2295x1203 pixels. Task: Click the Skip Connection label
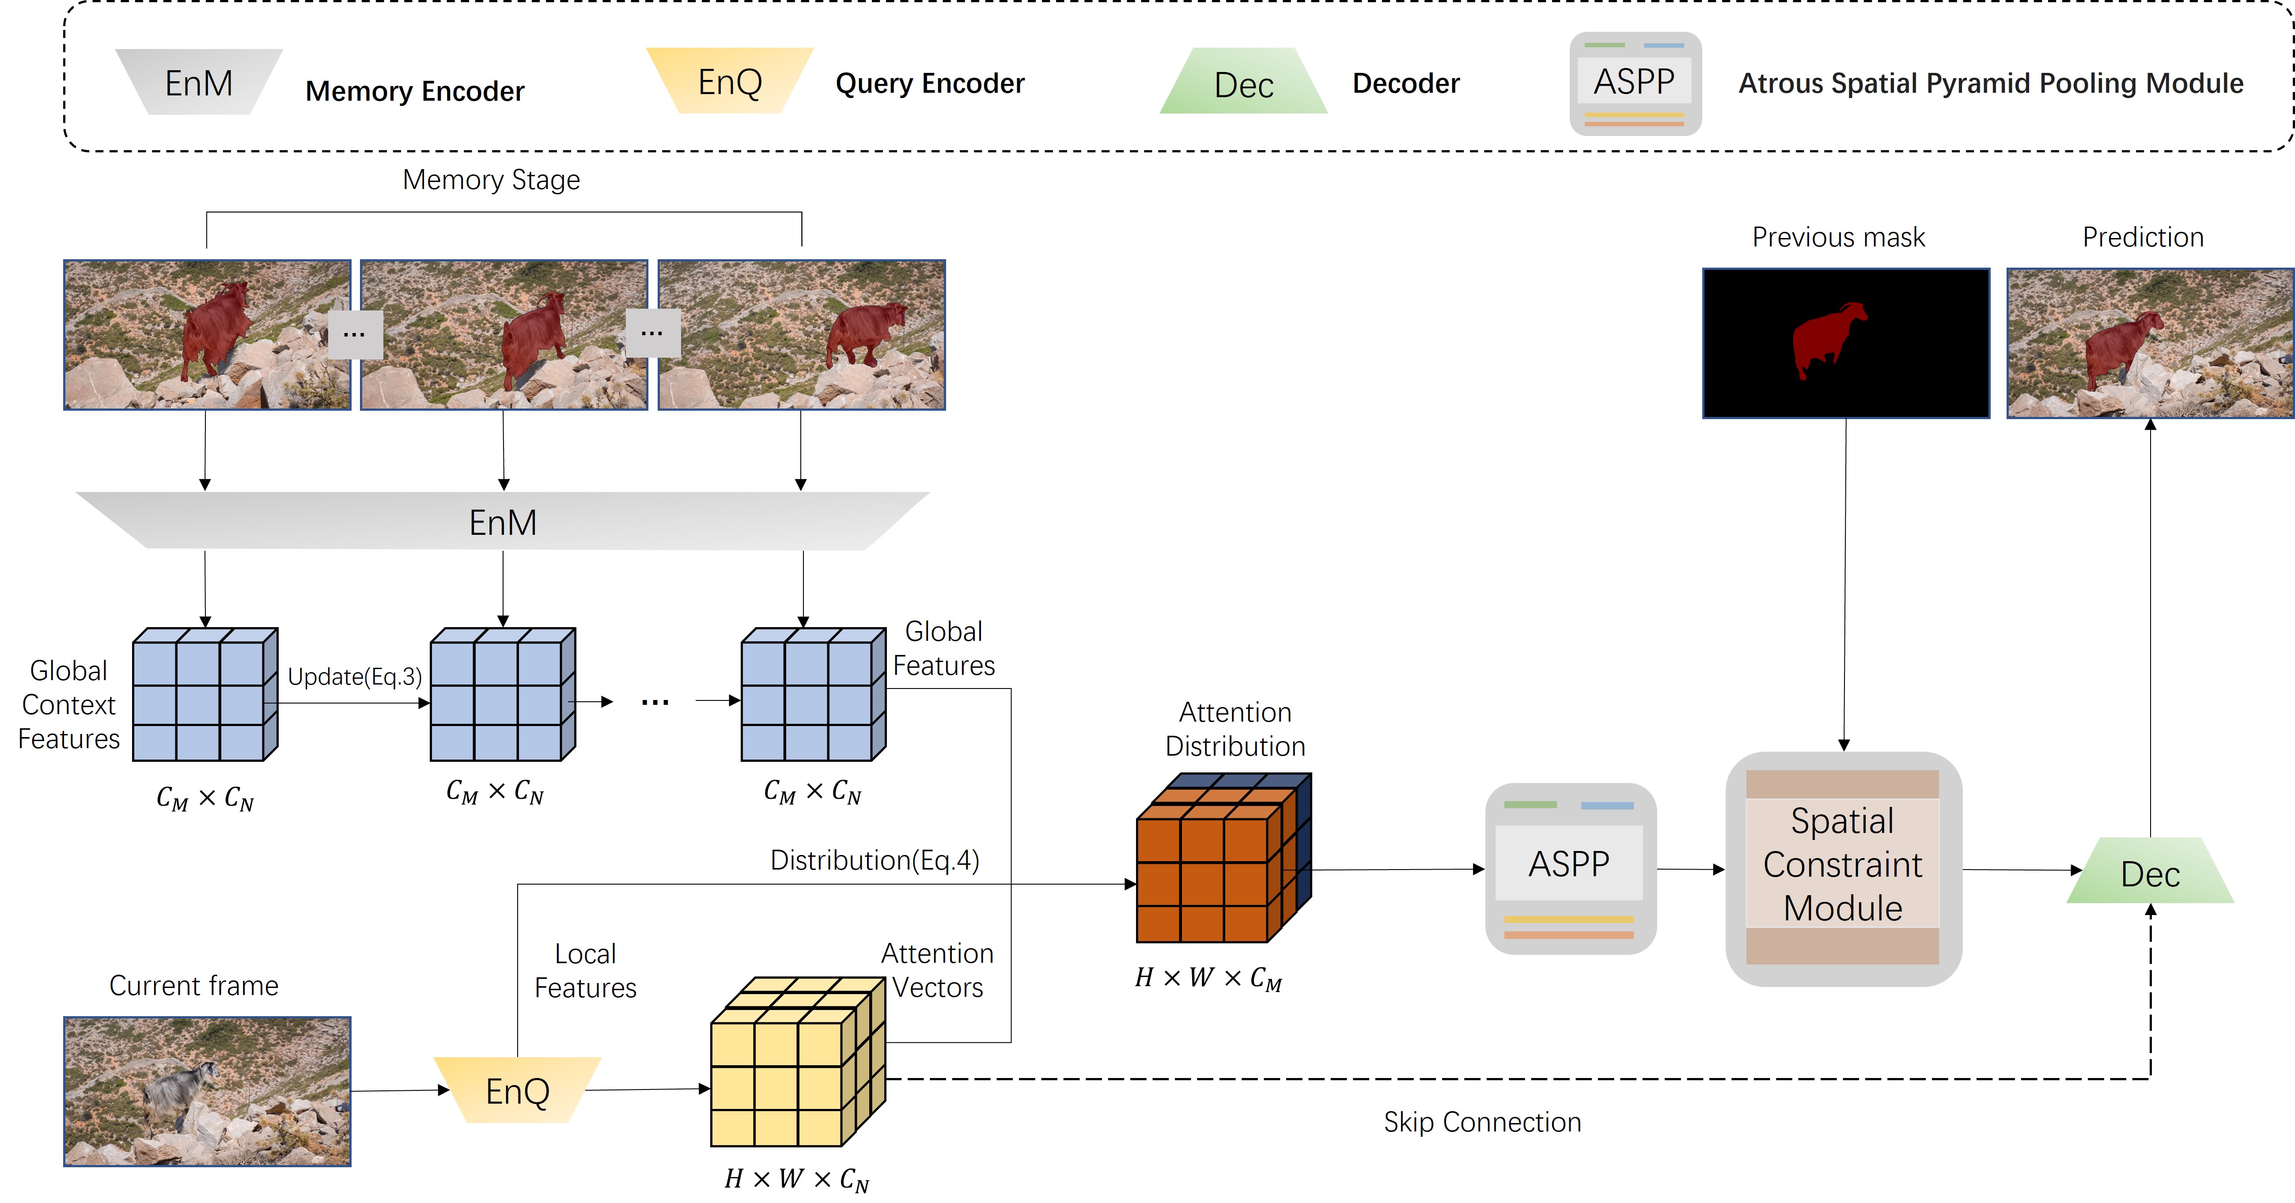(1481, 1122)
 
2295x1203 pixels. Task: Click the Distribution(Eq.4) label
(874, 860)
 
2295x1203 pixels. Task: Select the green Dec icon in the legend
(1244, 83)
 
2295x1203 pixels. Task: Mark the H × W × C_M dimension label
(1208, 979)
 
